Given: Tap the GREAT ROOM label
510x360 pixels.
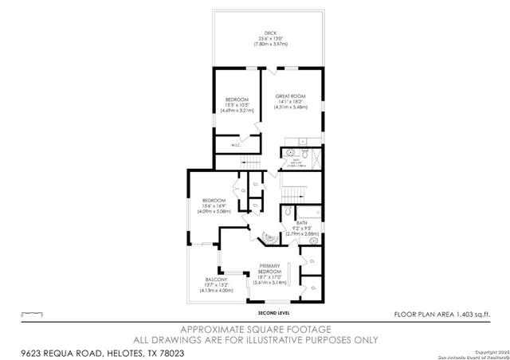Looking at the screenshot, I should point(290,96).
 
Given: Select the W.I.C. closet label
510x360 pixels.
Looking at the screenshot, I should point(236,145).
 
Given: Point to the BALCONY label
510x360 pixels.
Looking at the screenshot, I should point(215,280).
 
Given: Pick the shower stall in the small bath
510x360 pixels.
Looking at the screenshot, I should point(313,157).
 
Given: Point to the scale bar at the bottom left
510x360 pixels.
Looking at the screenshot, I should point(31,314).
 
